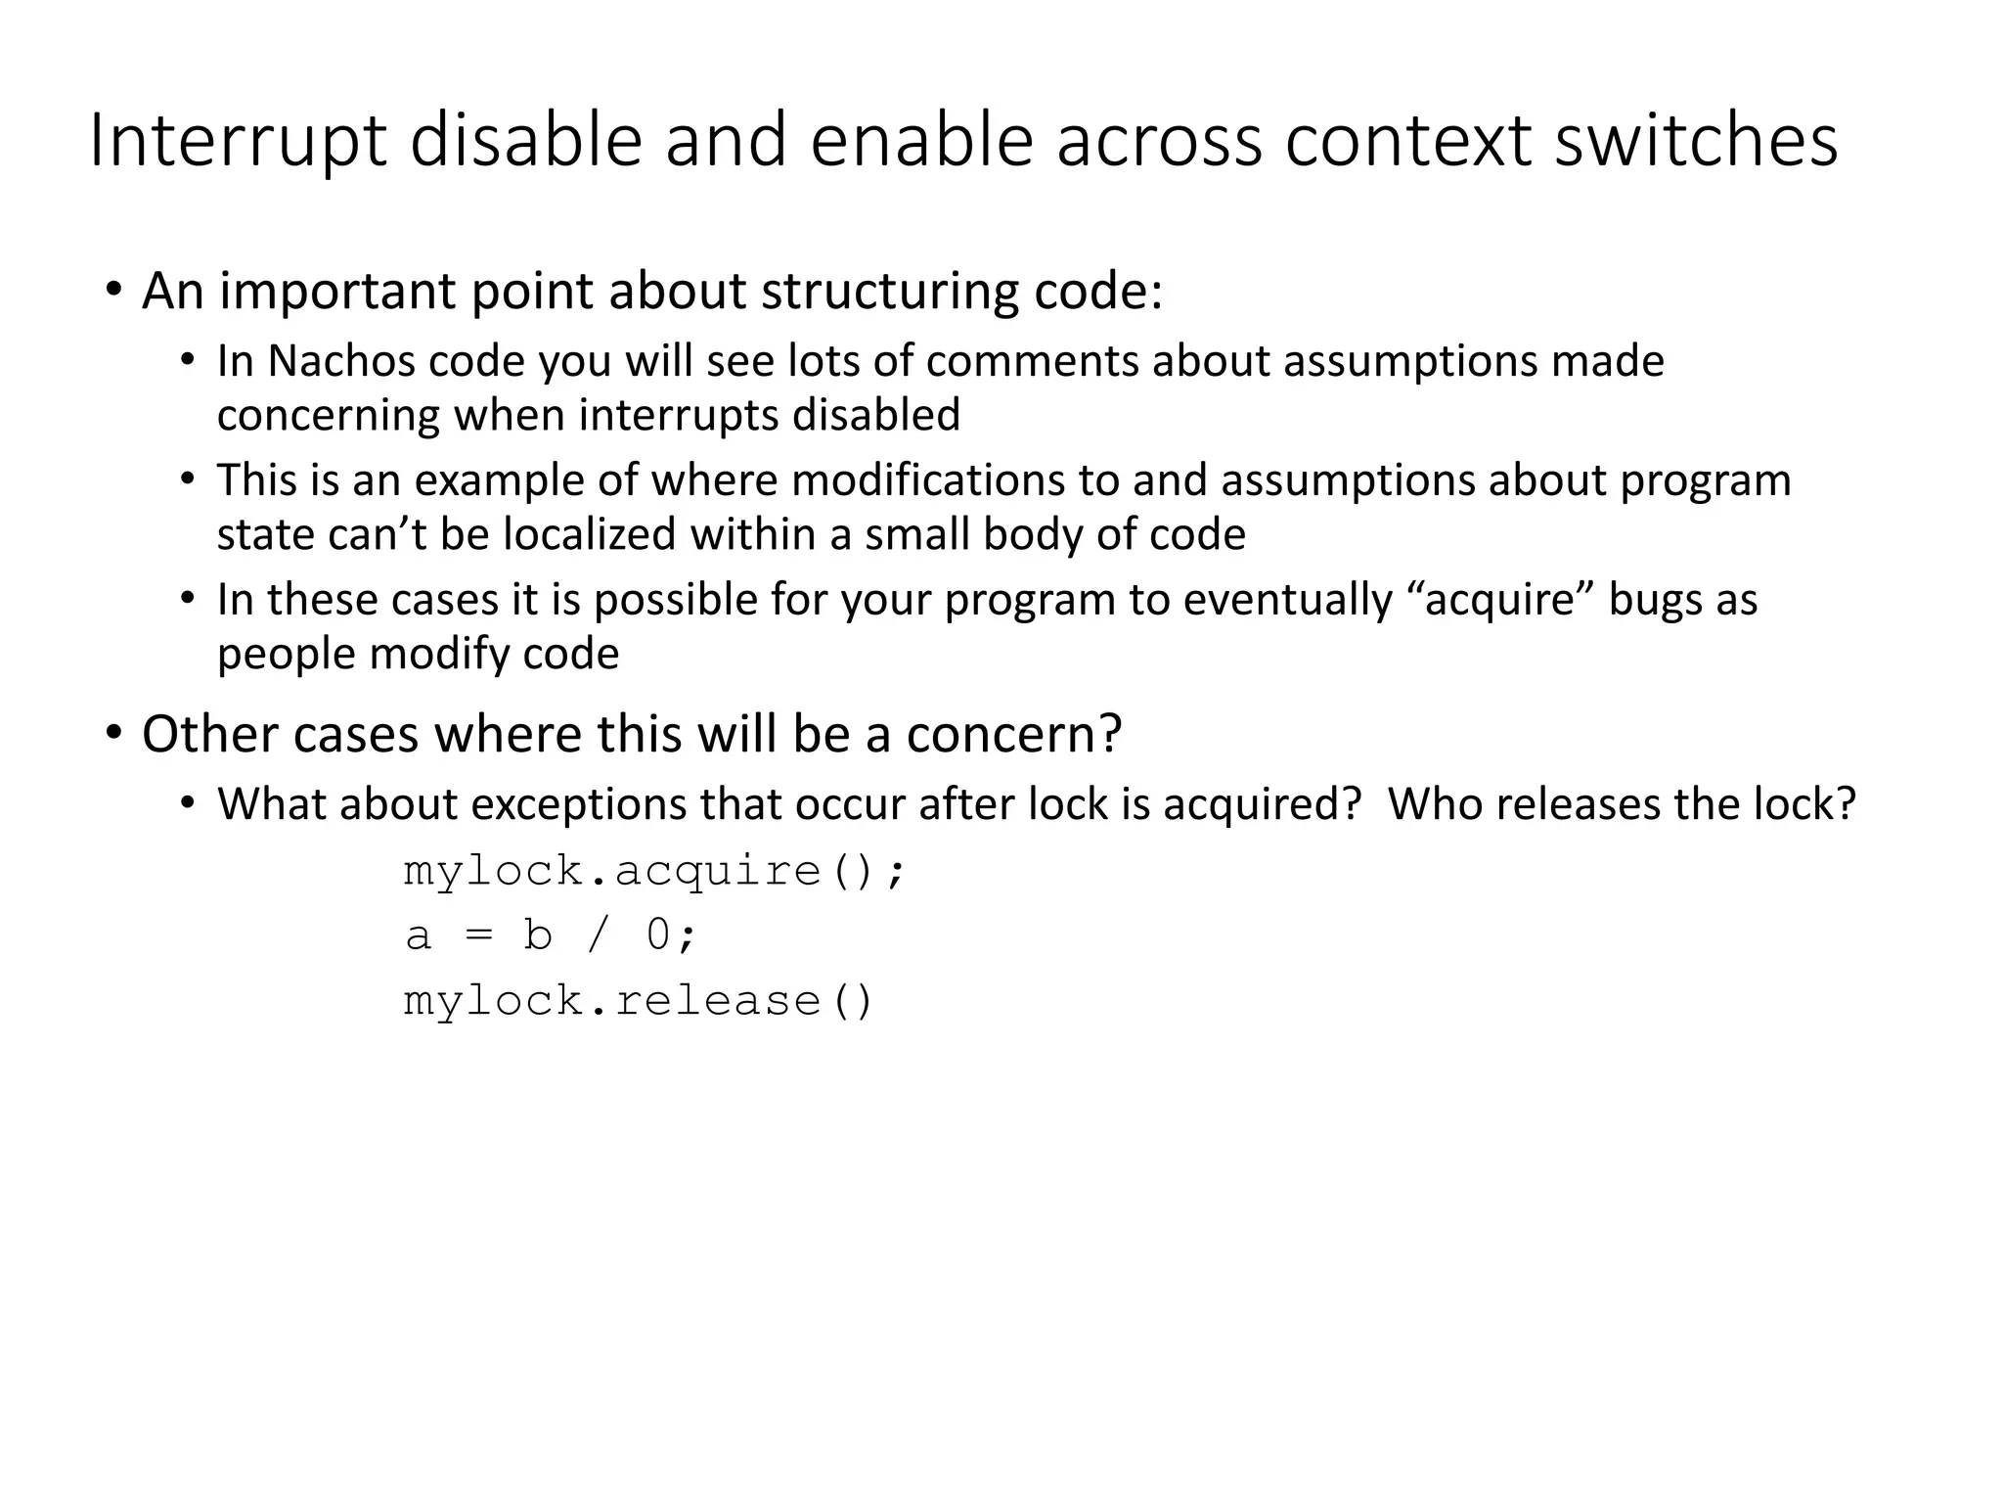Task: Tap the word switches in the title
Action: (x=1696, y=142)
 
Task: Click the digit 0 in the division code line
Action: (x=658, y=935)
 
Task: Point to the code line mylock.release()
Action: (x=638, y=1001)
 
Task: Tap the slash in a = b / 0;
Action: (x=597, y=935)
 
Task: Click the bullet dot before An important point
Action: (x=114, y=291)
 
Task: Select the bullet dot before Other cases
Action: (x=114, y=733)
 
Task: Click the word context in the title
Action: (x=1409, y=142)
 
